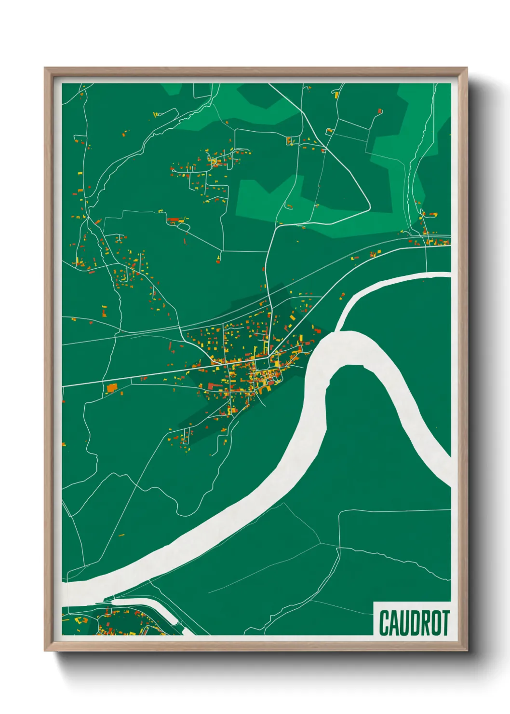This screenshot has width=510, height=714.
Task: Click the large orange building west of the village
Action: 112,387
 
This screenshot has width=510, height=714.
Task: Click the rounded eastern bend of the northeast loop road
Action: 369,205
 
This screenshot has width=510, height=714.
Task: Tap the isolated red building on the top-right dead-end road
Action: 379,111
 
